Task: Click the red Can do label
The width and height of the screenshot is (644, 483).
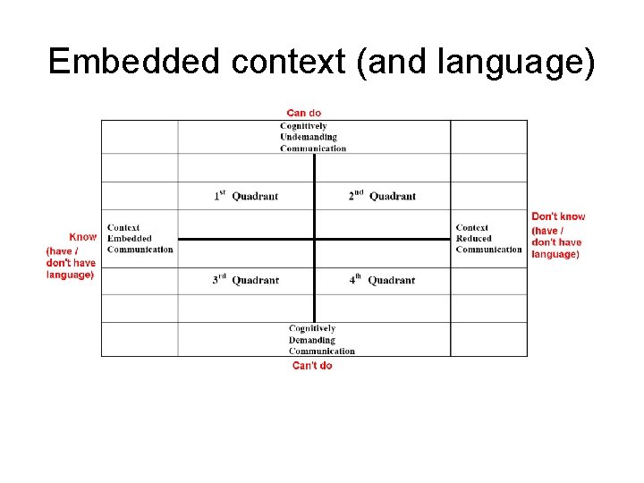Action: (303, 113)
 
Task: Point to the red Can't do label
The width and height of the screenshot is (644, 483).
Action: (311, 366)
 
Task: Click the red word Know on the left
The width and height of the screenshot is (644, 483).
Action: (83, 237)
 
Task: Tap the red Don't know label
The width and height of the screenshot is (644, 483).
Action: (558, 216)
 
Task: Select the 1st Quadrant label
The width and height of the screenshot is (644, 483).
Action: (246, 196)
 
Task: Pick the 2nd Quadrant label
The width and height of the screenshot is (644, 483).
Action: (382, 196)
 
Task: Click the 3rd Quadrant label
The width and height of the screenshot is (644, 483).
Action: (246, 280)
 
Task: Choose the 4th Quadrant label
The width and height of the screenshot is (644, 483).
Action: (382, 280)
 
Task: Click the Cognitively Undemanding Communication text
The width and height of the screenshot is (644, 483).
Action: (312, 137)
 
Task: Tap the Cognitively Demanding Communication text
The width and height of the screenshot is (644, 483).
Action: (321, 340)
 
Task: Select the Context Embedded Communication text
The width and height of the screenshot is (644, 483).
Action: (140, 239)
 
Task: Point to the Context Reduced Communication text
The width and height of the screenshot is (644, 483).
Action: (488, 239)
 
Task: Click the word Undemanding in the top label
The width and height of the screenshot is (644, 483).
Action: (309, 137)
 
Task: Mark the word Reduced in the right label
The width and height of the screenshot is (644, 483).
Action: (474, 239)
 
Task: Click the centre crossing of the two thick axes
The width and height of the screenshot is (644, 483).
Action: (315, 239)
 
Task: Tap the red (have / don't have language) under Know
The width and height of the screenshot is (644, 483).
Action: (71, 263)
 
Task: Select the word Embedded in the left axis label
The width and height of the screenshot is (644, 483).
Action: (130, 239)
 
